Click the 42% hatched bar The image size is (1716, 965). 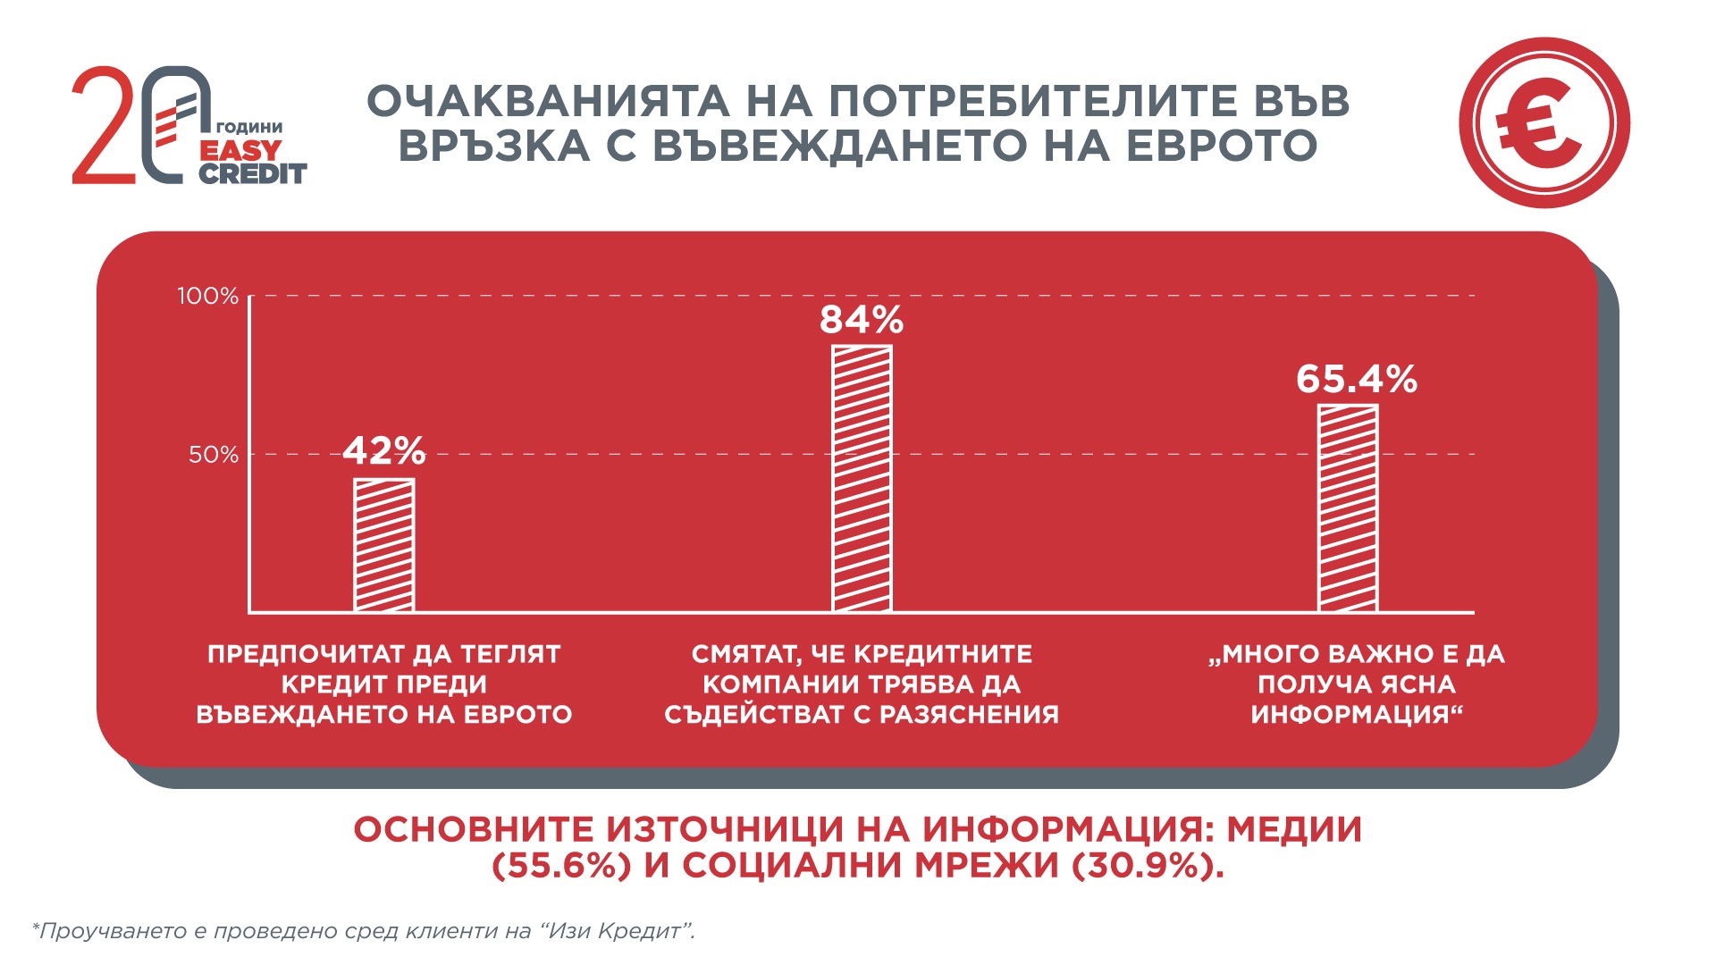[384, 545]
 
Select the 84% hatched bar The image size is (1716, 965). [862, 478]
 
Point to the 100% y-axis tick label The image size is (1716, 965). [208, 296]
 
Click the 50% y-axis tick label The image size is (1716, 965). [214, 455]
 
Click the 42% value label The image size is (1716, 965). [384, 451]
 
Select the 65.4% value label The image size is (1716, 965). [1357, 380]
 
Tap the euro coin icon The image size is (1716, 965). [1544, 123]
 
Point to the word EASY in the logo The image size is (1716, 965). [240, 150]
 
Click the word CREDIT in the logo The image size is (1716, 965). [252, 173]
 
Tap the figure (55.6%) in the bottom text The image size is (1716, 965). [562, 866]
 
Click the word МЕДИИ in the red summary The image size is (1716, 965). [1294, 829]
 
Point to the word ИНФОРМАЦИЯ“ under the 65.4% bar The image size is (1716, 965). [1357, 715]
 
